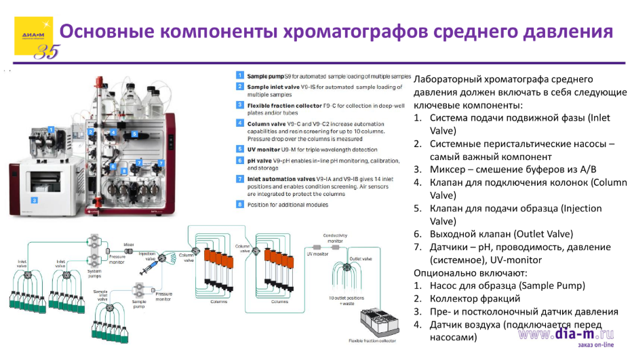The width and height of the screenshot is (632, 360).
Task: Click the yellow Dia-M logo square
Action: point(33,36)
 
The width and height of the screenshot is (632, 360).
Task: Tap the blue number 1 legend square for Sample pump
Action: point(240,76)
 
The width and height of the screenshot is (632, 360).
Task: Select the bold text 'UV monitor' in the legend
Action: point(261,148)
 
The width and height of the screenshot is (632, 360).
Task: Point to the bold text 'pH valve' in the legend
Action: point(259,160)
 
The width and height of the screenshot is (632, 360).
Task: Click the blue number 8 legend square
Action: point(240,205)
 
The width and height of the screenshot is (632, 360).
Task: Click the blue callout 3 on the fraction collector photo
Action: point(33,200)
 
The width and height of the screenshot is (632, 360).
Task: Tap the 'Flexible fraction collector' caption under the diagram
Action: point(372,340)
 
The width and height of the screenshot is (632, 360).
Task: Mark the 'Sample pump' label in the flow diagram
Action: point(139,304)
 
